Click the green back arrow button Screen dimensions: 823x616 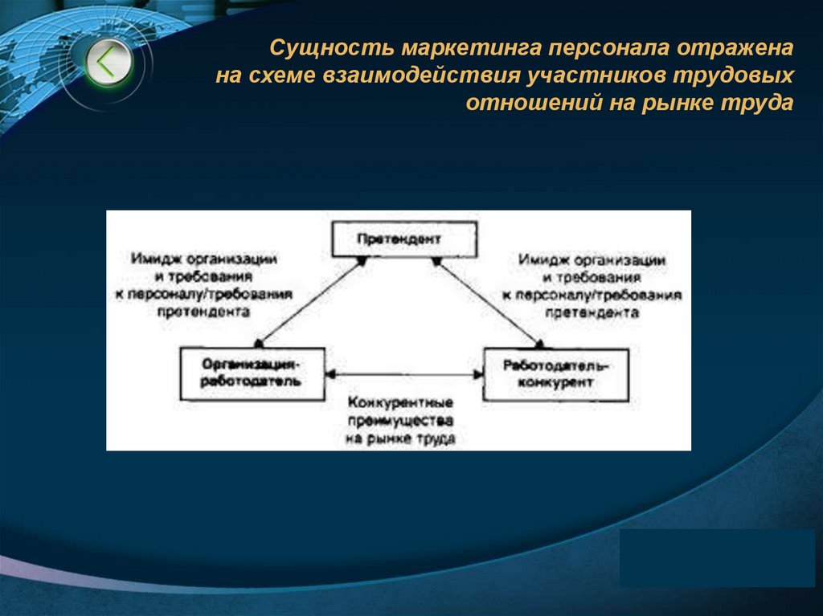107,63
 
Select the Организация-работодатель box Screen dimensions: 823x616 253,373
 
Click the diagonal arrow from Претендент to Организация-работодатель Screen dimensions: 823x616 309,301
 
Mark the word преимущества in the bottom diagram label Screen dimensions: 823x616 401,421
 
